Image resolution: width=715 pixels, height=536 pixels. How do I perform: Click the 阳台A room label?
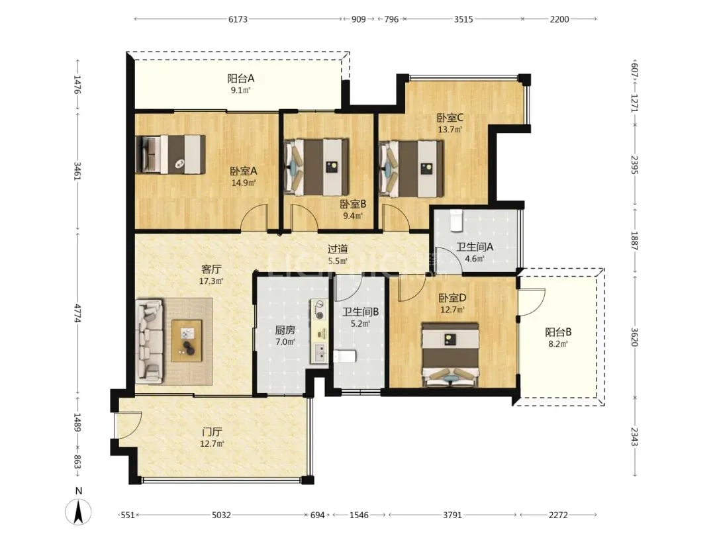pyautogui.click(x=241, y=78)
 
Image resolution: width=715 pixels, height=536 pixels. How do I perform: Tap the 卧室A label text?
pyautogui.click(x=244, y=171)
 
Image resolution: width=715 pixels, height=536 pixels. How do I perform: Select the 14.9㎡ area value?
pyautogui.click(x=244, y=183)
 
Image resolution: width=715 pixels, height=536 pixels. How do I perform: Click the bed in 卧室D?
pyautogui.click(x=450, y=355)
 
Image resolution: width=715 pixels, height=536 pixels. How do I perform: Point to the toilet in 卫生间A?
pyautogui.click(x=456, y=220)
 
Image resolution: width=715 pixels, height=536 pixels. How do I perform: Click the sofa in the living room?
pyautogui.click(x=150, y=341)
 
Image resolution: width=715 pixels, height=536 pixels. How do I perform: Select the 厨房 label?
pyautogui.click(x=285, y=330)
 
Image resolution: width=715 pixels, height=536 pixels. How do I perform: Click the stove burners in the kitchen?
pyautogui.click(x=318, y=309)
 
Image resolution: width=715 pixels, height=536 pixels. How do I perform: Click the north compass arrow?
pyautogui.click(x=78, y=512)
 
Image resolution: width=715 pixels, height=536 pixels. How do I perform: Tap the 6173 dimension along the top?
pyautogui.click(x=238, y=19)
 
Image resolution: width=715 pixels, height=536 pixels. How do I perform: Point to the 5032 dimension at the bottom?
pyautogui.click(x=221, y=515)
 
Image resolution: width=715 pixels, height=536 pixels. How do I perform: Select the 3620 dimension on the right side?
pyautogui.click(x=634, y=337)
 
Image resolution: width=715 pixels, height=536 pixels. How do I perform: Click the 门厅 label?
pyautogui.click(x=212, y=431)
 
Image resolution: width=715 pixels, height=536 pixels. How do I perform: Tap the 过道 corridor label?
pyautogui.click(x=338, y=249)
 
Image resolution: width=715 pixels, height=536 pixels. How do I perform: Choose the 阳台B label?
pyautogui.click(x=558, y=332)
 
